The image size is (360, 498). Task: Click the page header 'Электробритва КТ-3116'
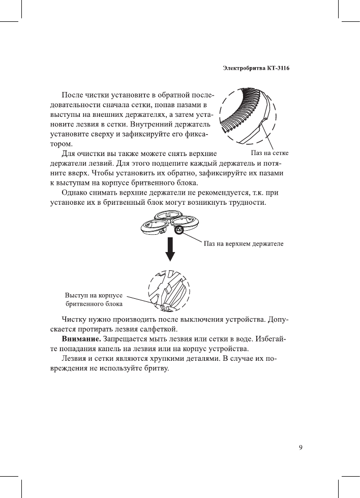(256, 68)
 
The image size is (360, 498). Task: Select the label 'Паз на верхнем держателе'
(244, 243)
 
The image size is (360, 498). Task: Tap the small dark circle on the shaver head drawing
(178, 230)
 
